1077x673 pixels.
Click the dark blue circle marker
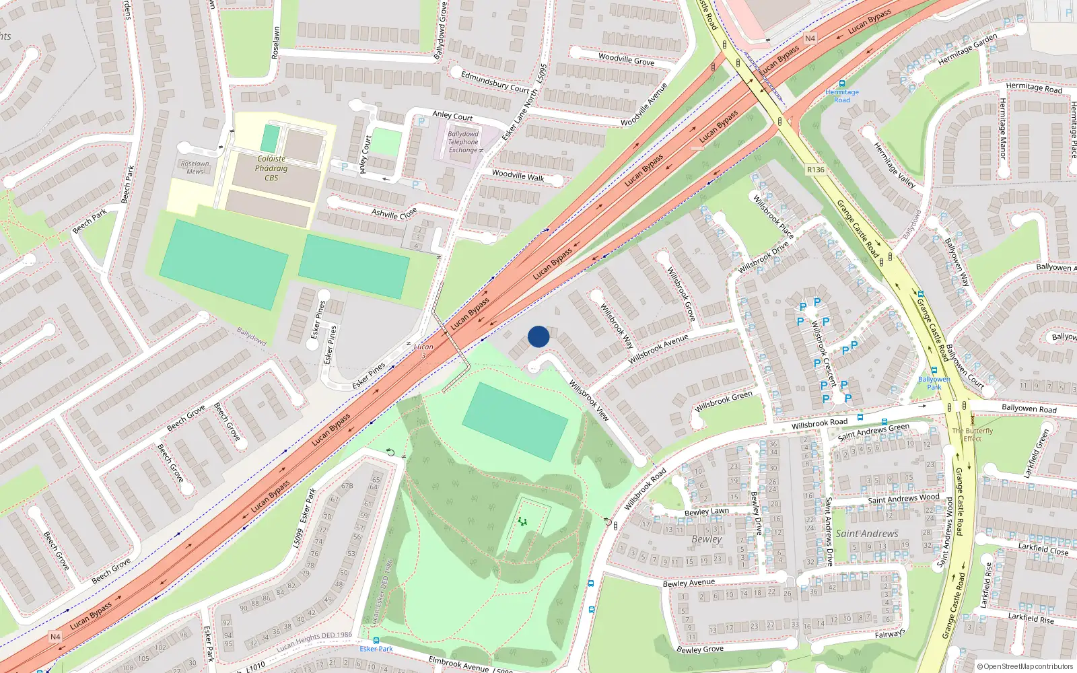(538, 336)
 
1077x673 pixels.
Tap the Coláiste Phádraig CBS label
(271, 168)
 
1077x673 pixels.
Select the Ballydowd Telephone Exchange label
(463, 142)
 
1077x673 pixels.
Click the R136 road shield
(816, 170)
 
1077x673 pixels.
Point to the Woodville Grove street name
(626, 59)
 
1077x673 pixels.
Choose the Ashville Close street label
(394, 213)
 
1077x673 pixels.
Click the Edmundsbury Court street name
(495, 82)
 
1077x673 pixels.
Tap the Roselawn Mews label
(195, 168)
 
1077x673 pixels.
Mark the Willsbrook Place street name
(773, 217)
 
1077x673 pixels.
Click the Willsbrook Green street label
(724, 401)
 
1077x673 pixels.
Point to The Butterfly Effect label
(972, 435)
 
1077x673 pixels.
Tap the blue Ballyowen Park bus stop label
(934, 383)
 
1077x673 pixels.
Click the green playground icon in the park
(522, 522)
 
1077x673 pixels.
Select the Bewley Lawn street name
(706, 511)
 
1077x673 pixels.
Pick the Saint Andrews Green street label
(873, 431)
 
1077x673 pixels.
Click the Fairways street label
(890, 634)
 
